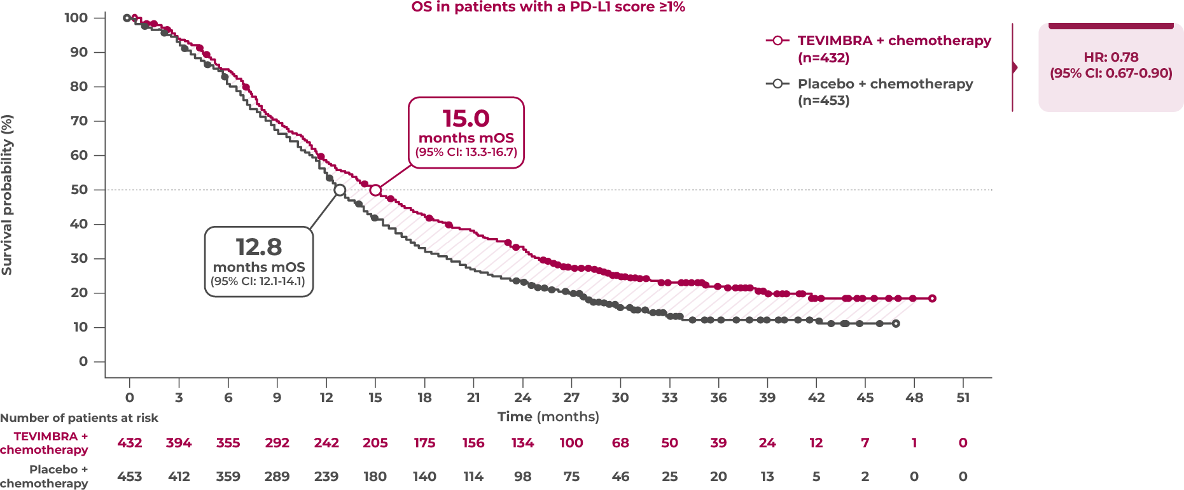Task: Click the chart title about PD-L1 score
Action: pos(548,7)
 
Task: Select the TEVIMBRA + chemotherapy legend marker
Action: pos(777,41)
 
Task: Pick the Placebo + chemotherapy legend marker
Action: pos(777,83)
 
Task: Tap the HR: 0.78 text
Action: pos(1111,57)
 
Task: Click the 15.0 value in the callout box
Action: pos(466,119)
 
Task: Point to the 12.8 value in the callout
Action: pos(258,247)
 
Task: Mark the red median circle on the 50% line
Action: pos(375,190)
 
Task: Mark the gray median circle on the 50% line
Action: pos(340,190)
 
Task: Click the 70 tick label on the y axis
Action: pos(79,121)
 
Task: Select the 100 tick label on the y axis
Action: pos(76,18)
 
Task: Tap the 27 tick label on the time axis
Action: pos(571,398)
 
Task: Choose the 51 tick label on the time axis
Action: pos(963,398)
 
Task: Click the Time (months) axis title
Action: pos(548,417)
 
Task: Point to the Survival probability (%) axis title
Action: pos(7,195)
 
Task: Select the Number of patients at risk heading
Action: pos(79,418)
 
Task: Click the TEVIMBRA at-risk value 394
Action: pos(179,443)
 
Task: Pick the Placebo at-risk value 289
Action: pos(277,477)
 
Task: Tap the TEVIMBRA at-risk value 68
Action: pos(620,443)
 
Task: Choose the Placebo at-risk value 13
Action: pos(767,477)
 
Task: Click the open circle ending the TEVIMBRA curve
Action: pos(932,298)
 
